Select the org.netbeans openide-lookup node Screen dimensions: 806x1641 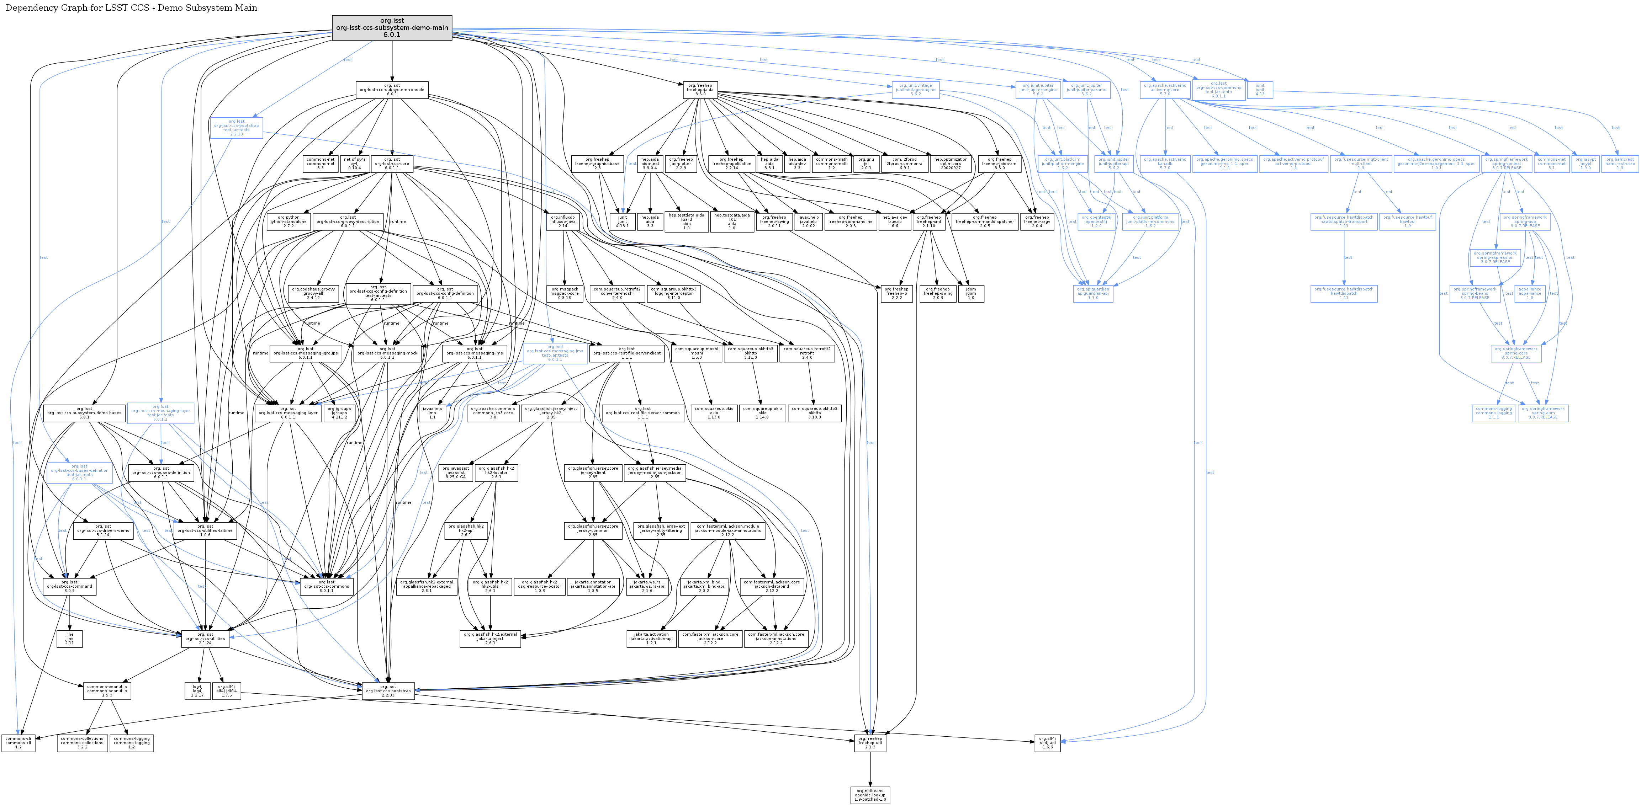[x=870, y=795]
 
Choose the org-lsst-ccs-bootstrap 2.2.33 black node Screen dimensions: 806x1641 [x=388, y=691]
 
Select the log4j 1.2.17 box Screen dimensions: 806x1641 [x=197, y=691]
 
